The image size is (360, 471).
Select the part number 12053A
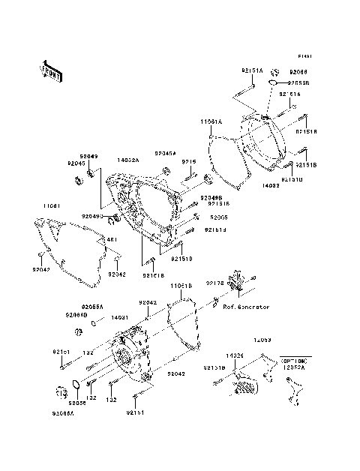(294, 367)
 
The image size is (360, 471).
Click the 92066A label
(64, 412)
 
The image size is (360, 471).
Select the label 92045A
(166, 151)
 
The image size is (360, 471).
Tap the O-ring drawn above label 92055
(76, 386)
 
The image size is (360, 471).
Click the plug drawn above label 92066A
(61, 391)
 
